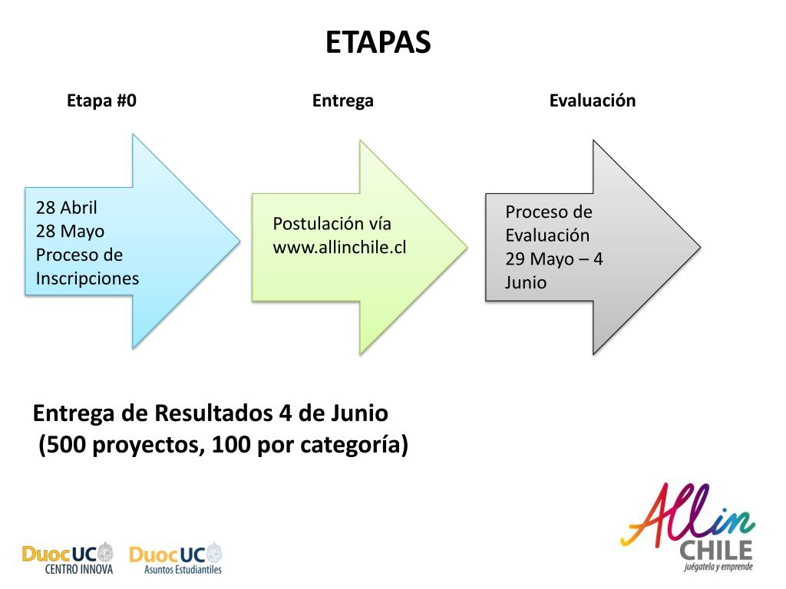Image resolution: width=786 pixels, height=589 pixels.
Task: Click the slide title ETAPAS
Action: tap(378, 43)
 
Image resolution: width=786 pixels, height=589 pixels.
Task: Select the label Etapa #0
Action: tap(101, 100)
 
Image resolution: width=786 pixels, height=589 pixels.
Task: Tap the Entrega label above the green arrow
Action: tap(342, 100)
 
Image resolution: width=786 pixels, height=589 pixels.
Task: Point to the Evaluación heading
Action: tap(592, 100)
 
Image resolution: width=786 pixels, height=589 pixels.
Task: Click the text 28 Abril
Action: tap(67, 208)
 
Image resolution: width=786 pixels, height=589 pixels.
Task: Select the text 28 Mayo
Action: tap(70, 231)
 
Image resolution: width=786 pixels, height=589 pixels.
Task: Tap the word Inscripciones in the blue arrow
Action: tap(88, 278)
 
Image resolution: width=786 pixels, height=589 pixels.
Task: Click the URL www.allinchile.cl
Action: tap(339, 248)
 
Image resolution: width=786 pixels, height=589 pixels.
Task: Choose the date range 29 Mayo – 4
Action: tap(553, 258)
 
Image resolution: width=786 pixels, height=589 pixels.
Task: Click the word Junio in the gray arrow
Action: tap(526, 282)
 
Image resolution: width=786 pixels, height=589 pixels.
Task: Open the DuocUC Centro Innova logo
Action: tap(68, 558)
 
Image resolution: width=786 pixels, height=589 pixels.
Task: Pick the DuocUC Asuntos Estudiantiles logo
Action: tap(177, 558)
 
